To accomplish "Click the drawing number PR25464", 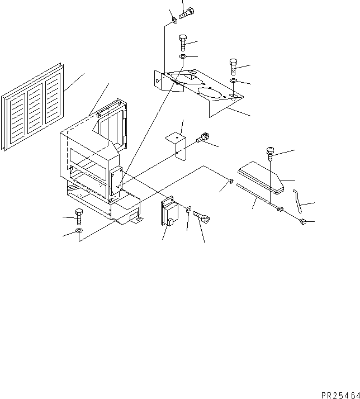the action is point(340,395).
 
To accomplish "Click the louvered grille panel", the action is point(32,107).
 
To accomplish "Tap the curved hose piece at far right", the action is point(297,201).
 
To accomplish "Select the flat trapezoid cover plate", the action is point(261,178).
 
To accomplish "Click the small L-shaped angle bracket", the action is point(177,145).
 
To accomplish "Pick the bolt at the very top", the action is point(187,13).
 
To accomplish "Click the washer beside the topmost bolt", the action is point(174,20).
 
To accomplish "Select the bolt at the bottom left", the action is point(79,217).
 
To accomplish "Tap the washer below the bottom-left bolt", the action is point(79,231).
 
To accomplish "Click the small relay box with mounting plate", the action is point(169,211).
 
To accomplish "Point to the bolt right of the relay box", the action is point(201,217).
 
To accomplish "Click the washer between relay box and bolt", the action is point(188,209).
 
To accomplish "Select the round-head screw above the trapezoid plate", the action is point(270,153).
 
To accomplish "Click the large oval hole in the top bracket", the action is point(209,92).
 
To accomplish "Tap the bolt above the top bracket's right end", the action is point(233,66).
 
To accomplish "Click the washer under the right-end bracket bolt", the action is point(234,80).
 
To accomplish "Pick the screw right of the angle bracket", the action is point(203,137).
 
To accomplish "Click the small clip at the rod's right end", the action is point(303,222).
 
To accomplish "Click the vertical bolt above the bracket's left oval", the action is point(183,42).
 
